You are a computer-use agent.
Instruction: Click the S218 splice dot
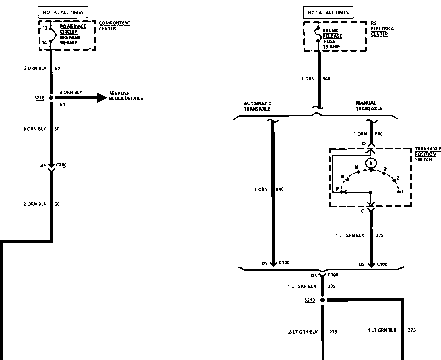pos(51,98)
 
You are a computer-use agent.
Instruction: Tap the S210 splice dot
pos(322,300)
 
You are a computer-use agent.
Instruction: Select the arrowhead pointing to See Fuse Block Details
pos(102,98)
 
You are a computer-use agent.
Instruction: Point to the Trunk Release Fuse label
pos(332,39)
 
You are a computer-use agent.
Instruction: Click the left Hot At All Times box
pos(63,12)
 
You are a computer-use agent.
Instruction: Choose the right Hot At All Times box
pos(328,13)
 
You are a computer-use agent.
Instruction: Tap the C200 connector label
pos(61,165)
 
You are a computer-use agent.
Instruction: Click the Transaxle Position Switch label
pos(427,154)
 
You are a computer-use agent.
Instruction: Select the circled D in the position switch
pos(371,163)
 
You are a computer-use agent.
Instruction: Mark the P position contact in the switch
pos(341,192)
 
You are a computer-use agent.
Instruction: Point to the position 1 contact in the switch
pos(399,192)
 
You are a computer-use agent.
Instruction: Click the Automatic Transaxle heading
pos(257,106)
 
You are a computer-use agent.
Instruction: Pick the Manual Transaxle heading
pos(369,106)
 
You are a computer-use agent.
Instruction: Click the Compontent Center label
pos(114,26)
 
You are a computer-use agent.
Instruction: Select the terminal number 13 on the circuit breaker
pos(45,28)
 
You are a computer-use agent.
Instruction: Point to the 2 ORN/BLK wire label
pos(35,204)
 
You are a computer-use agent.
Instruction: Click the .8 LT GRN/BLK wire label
pos(302,332)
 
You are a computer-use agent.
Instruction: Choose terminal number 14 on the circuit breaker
pos(44,43)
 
